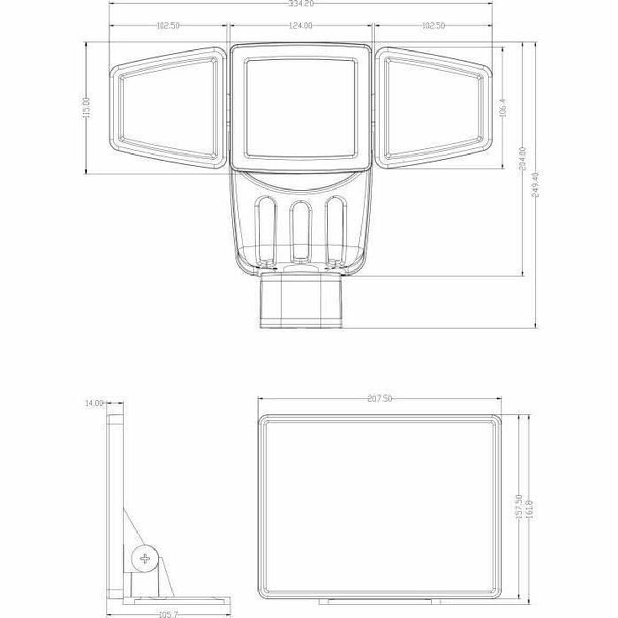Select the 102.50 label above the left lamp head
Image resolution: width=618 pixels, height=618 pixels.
tap(168, 25)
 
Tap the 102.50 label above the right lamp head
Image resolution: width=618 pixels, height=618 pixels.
tap(433, 25)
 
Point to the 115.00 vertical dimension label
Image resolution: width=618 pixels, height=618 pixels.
tap(87, 108)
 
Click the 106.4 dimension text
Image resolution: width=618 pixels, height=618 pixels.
tap(504, 108)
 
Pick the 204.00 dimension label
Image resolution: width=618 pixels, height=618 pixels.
tap(523, 159)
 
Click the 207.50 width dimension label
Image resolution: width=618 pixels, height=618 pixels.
tap(380, 398)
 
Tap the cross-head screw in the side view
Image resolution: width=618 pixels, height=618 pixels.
tap(145, 558)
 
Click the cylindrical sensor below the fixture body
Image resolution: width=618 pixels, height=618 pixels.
tap(301, 301)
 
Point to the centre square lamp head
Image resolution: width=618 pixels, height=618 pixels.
tap(300, 108)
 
